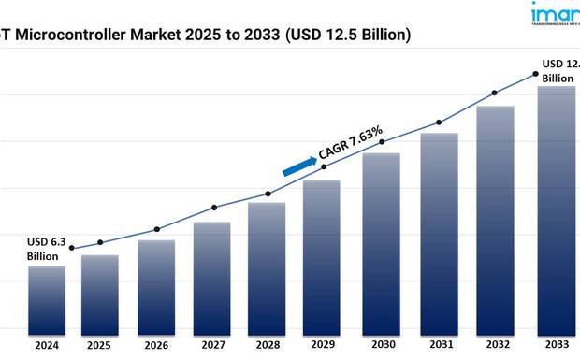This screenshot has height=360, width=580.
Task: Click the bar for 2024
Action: coord(47,300)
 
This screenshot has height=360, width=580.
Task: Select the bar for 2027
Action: coord(212,278)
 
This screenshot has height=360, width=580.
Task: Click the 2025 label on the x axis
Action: coord(100,345)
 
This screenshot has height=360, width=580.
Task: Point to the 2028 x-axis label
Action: coord(268,345)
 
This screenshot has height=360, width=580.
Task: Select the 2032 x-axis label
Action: coord(495,345)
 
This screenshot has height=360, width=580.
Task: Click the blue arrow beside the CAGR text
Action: coord(299,166)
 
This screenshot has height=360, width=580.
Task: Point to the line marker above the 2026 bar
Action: coord(157,229)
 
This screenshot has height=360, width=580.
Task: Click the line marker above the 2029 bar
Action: coord(324,166)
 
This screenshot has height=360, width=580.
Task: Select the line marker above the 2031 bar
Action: coord(439,122)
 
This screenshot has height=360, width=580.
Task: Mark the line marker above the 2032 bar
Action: coord(495,93)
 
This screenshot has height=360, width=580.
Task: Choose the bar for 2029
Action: coord(324,257)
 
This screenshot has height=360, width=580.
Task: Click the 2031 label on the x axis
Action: coord(439,345)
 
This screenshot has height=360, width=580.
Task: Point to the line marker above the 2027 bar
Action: coord(214,207)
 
